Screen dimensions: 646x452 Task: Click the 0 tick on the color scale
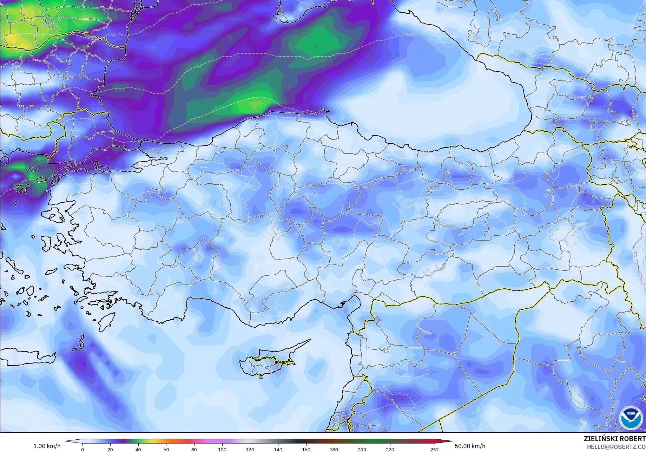[83, 449]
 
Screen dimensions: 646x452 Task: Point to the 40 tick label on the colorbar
[138, 449]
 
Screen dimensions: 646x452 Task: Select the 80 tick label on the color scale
[194, 449]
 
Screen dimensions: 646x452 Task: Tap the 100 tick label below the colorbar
[222, 449]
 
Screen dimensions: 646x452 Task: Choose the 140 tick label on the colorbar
[278, 449]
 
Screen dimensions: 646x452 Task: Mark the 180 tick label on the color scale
[334, 449]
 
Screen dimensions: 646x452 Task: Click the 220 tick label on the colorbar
[390, 449]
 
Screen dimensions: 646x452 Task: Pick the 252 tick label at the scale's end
[434, 449]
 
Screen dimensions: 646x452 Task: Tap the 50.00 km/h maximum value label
[470, 446]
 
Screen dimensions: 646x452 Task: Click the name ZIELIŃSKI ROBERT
[614, 439]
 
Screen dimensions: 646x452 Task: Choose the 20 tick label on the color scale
[110, 449]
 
